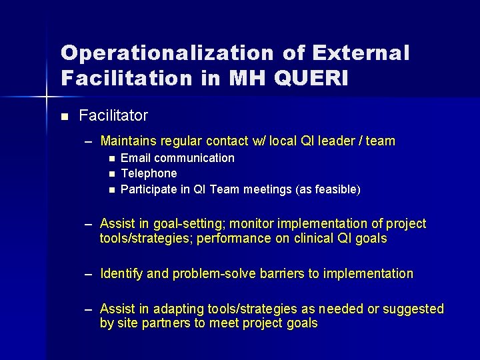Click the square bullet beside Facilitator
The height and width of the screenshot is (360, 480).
coord(64,117)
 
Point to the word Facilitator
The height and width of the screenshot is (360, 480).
coord(113,115)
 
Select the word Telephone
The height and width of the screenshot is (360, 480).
coord(149,173)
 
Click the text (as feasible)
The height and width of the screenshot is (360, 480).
coord(322,190)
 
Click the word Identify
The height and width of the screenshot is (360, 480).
coord(121,273)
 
